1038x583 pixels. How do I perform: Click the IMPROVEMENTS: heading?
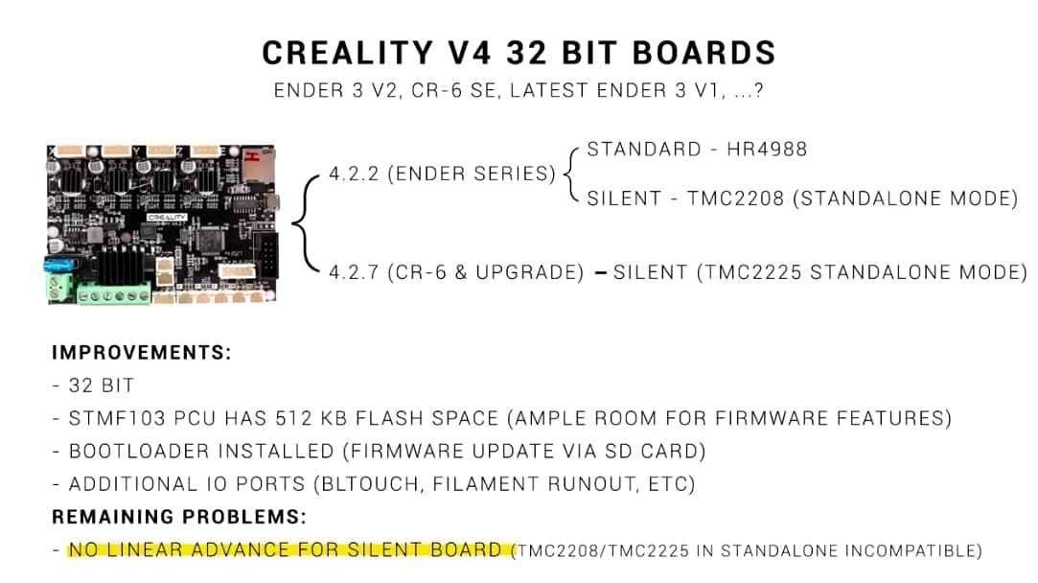click(x=142, y=352)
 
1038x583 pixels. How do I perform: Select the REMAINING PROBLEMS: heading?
click(x=179, y=517)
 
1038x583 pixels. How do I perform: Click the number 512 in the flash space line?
click(x=288, y=419)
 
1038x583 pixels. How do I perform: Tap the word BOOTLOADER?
click(x=134, y=452)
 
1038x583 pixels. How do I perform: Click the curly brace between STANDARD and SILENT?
click(x=572, y=174)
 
